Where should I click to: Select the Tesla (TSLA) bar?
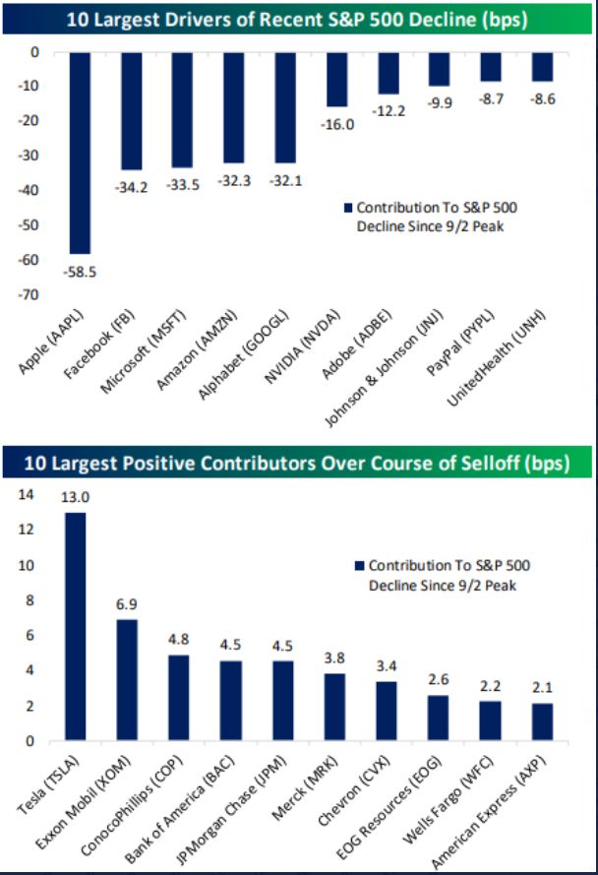[74, 626]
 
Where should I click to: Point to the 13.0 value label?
[74, 498]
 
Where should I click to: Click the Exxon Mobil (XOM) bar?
[126, 680]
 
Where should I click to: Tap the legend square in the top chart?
[346, 209]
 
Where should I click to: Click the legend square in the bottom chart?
[360, 566]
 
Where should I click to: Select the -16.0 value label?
[338, 122]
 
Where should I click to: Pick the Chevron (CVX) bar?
[387, 711]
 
